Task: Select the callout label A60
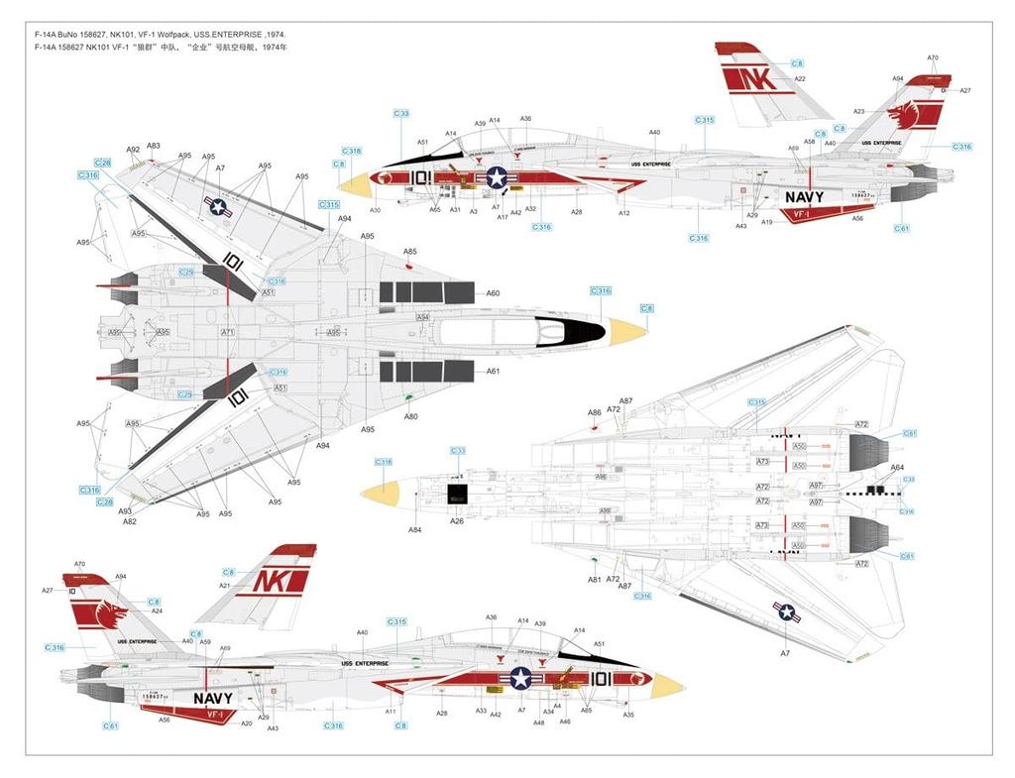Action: click(493, 292)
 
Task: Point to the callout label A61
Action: click(493, 372)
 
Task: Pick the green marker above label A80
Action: click(409, 399)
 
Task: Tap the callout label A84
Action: click(414, 530)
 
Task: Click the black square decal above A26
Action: click(457, 493)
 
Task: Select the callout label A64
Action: click(896, 467)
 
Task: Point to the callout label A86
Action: click(594, 412)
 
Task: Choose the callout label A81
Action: click(594, 580)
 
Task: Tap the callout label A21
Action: click(224, 587)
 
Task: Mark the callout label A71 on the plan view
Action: click(227, 332)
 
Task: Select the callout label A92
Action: click(133, 149)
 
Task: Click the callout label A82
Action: click(130, 521)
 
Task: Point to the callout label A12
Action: click(623, 213)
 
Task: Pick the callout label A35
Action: click(628, 715)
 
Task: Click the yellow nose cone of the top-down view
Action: click(628, 331)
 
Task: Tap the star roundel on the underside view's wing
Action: click(786, 613)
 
